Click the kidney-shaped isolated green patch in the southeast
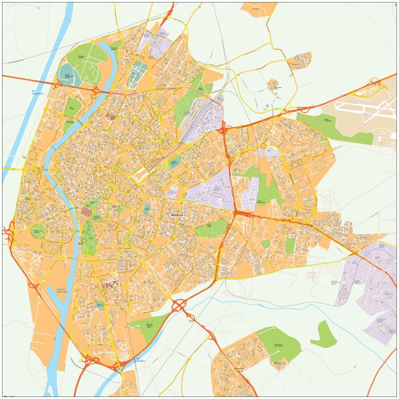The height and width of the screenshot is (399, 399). [x=323, y=332]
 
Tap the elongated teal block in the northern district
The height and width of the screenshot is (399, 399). [x=137, y=74]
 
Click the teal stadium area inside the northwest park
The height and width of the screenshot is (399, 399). [x=67, y=74]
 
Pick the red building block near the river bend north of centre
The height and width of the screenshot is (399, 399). [x=110, y=116]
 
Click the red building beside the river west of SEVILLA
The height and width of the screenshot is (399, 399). [x=87, y=211]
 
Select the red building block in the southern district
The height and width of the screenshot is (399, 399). [x=112, y=284]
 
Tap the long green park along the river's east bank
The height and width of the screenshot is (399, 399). [x=89, y=237]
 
